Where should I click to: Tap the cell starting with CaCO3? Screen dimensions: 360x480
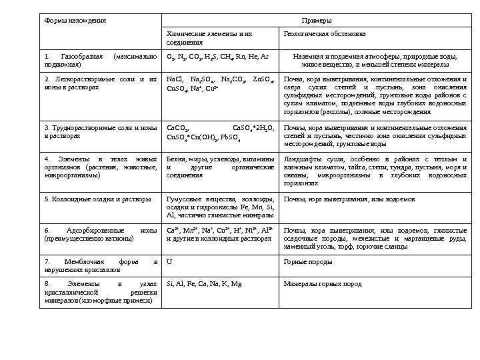click(x=220, y=131)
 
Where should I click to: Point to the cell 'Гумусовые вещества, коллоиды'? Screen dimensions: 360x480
click(x=220, y=207)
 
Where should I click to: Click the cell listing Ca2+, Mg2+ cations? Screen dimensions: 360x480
click(x=220, y=233)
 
